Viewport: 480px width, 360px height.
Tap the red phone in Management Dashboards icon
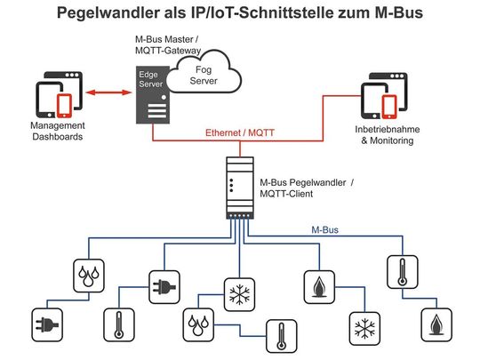(x=64, y=105)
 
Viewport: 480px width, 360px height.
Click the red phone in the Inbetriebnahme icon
(x=388, y=105)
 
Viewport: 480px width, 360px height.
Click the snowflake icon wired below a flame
(x=361, y=328)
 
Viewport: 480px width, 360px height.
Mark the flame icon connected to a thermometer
(x=435, y=324)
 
